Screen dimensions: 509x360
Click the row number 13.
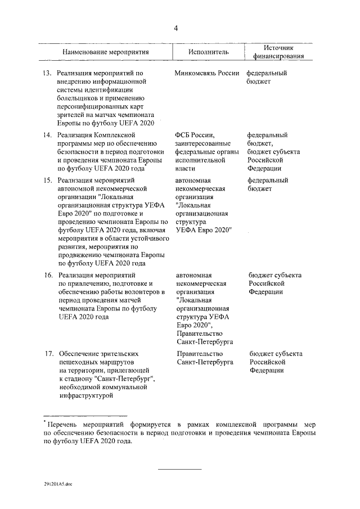(48, 73)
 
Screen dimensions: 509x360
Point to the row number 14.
(48, 135)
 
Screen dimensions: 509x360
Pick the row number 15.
(48, 181)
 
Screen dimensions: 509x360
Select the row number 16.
(48, 275)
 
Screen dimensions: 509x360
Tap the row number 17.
(48, 354)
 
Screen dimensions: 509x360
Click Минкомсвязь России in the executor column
(207, 73)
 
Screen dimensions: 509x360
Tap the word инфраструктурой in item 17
(84, 397)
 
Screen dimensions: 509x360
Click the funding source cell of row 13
(267, 77)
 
